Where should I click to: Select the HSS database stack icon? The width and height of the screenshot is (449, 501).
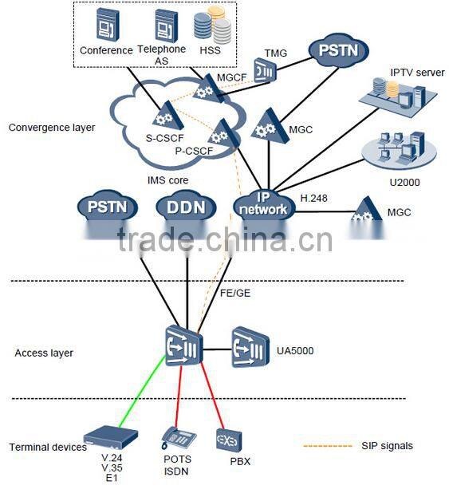213,26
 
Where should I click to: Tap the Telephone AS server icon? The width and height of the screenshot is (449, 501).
165,25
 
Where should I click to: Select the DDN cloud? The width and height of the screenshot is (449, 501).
186,207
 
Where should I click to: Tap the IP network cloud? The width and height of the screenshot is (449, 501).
261,205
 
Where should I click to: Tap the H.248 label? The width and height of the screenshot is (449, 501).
314,197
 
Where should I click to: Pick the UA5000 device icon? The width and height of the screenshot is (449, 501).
252,346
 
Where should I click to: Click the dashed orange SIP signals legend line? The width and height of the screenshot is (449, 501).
329,445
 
